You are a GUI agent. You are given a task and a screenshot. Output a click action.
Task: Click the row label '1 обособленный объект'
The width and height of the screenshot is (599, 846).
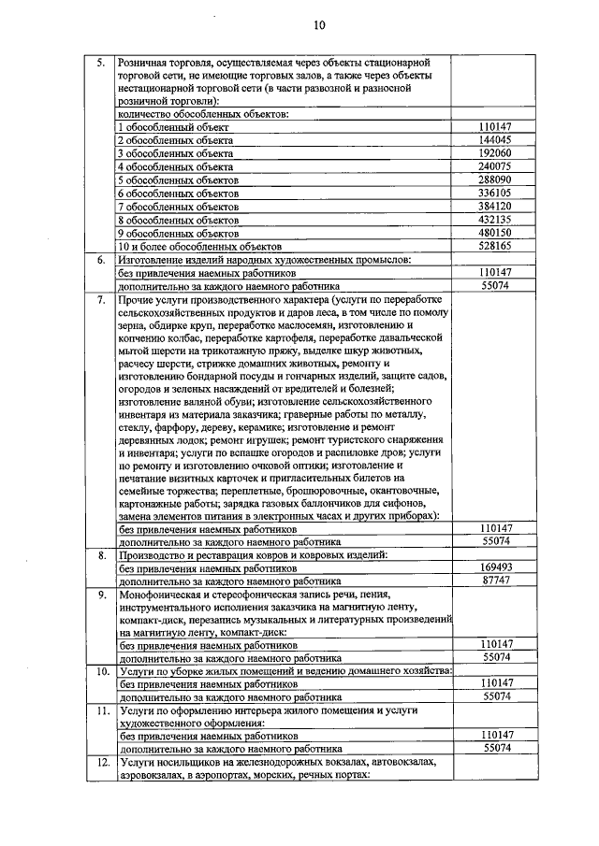(174, 126)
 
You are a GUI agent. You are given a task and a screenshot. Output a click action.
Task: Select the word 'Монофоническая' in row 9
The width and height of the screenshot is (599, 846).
(167, 595)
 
